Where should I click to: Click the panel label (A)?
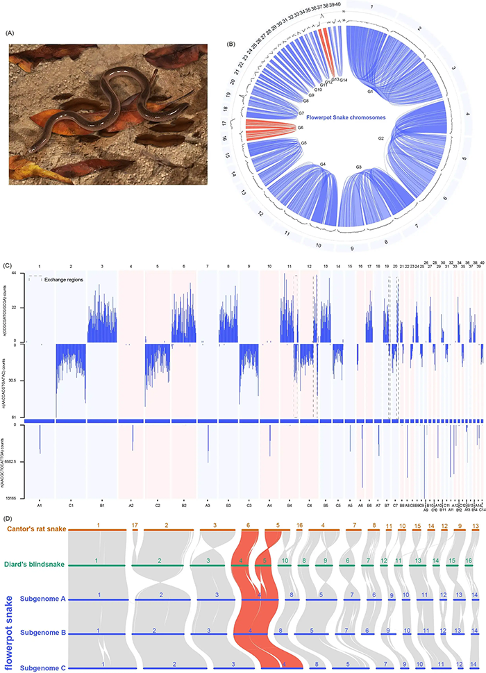pyautogui.click(x=12, y=33)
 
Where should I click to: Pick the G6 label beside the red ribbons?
pyautogui.click(x=301, y=128)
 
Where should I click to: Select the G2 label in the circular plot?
pyautogui.click(x=381, y=139)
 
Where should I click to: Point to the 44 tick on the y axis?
pyautogui.click(x=20, y=274)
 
